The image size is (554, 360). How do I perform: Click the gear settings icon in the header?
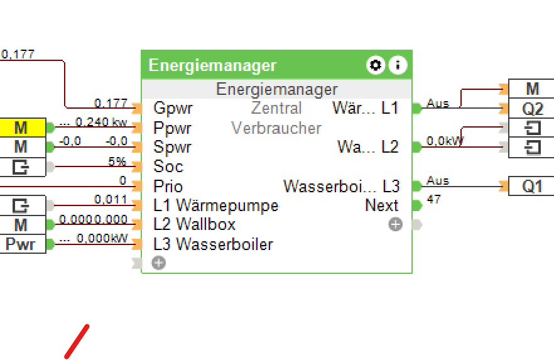[x=375, y=65]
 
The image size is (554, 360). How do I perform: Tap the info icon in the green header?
[x=398, y=65]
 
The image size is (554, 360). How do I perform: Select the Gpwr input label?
[x=173, y=108]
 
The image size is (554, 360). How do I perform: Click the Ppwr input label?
[x=173, y=128]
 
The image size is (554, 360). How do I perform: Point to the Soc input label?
[x=168, y=166]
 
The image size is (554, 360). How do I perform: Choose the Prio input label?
[x=168, y=187]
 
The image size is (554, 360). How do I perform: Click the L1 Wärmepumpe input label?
[x=215, y=205]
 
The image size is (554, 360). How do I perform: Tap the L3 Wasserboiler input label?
[x=213, y=244]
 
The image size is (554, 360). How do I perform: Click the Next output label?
[x=382, y=205]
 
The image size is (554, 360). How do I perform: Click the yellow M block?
[x=22, y=128]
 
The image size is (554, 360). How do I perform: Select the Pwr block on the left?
[x=22, y=244]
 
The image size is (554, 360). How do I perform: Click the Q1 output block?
[x=532, y=187]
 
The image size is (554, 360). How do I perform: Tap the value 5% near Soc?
[x=117, y=162]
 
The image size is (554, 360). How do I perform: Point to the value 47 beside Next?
[x=433, y=200]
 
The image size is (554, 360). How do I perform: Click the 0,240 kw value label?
[x=100, y=122]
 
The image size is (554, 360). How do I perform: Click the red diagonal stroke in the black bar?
[x=77, y=342]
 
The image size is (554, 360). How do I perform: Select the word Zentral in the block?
[x=276, y=108]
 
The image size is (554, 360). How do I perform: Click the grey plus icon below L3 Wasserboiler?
[x=159, y=263]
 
